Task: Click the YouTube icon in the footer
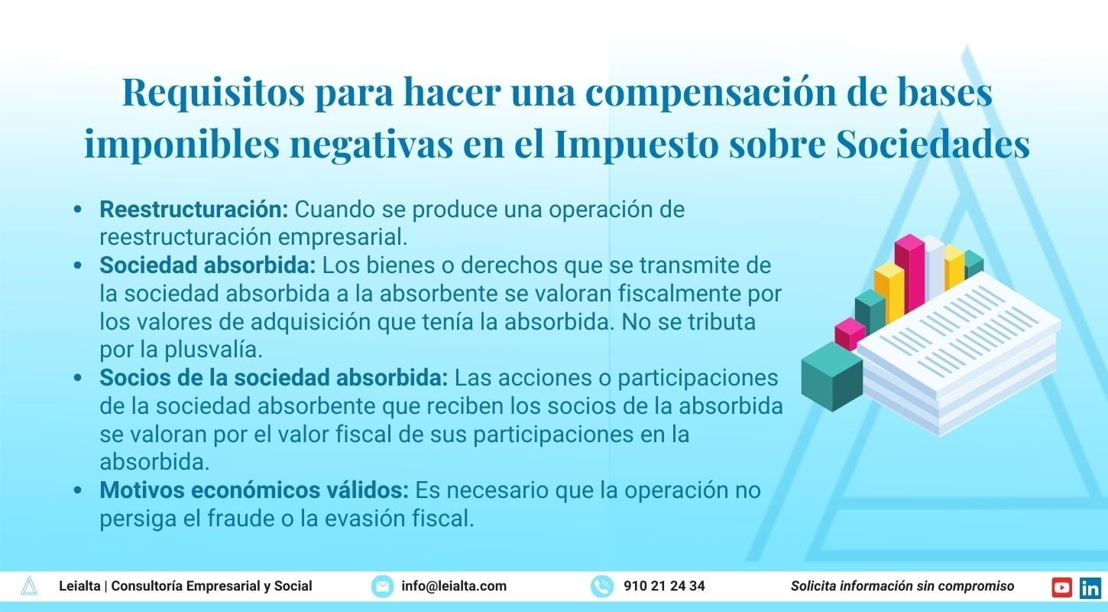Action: click(x=1061, y=588)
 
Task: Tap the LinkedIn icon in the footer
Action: click(x=1090, y=588)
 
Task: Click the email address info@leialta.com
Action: click(x=454, y=586)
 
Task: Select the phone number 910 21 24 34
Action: click(x=664, y=586)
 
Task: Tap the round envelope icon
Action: click(x=382, y=587)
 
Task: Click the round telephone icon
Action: click(x=602, y=587)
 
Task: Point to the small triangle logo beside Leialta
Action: click(x=29, y=585)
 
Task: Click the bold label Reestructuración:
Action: click(x=194, y=210)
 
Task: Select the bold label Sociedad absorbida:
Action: click(x=208, y=265)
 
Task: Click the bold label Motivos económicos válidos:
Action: click(x=254, y=490)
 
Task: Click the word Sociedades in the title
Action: click(x=933, y=144)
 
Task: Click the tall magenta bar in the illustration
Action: click(x=909, y=272)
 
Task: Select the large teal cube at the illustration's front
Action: click(x=832, y=376)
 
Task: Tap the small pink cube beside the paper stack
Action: click(x=850, y=334)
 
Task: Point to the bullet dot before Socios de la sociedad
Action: click(x=78, y=378)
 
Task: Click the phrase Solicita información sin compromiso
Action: click(x=902, y=586)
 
